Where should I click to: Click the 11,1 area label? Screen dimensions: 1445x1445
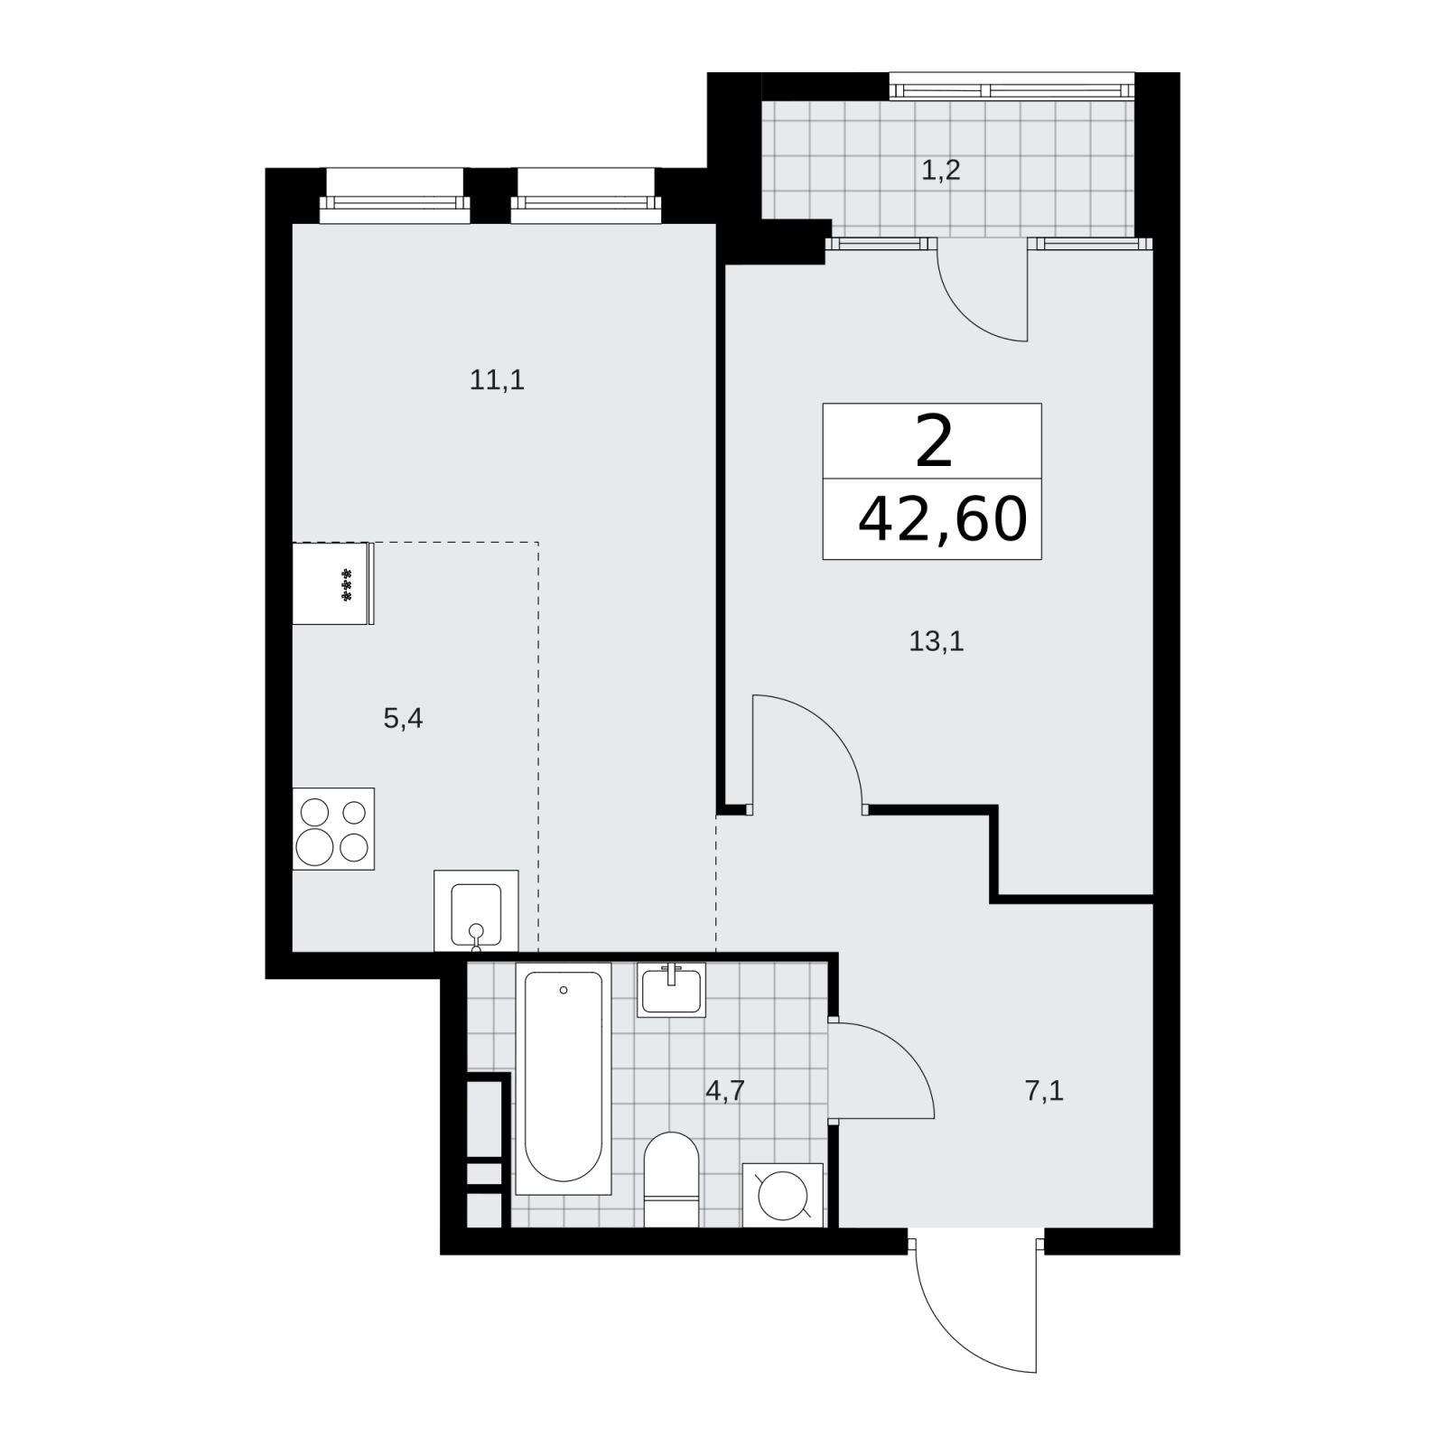pos(497,381)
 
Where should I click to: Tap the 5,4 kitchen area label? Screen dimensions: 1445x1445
pos(403,719)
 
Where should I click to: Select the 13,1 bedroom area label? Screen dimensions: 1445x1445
pos(937,642)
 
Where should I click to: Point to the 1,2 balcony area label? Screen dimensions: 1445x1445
pos(940,170)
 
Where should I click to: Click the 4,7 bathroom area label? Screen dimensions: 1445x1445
pos(724,1091)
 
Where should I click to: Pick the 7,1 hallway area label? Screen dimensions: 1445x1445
pos(1044,1091)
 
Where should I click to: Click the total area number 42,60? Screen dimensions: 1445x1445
pos(942,519)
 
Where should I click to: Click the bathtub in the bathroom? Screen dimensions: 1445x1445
pos(563,1077)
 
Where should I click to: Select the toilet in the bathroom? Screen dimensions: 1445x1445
pos(672,1179)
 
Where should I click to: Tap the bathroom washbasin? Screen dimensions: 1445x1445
pos(671,990)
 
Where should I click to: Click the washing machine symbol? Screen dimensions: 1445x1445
pos(782,1195)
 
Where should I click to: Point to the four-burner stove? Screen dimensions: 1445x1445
pos(333,829)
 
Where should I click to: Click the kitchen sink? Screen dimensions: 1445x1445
pos(476,910)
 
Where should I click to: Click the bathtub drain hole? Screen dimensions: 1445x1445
pos(564,990)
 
